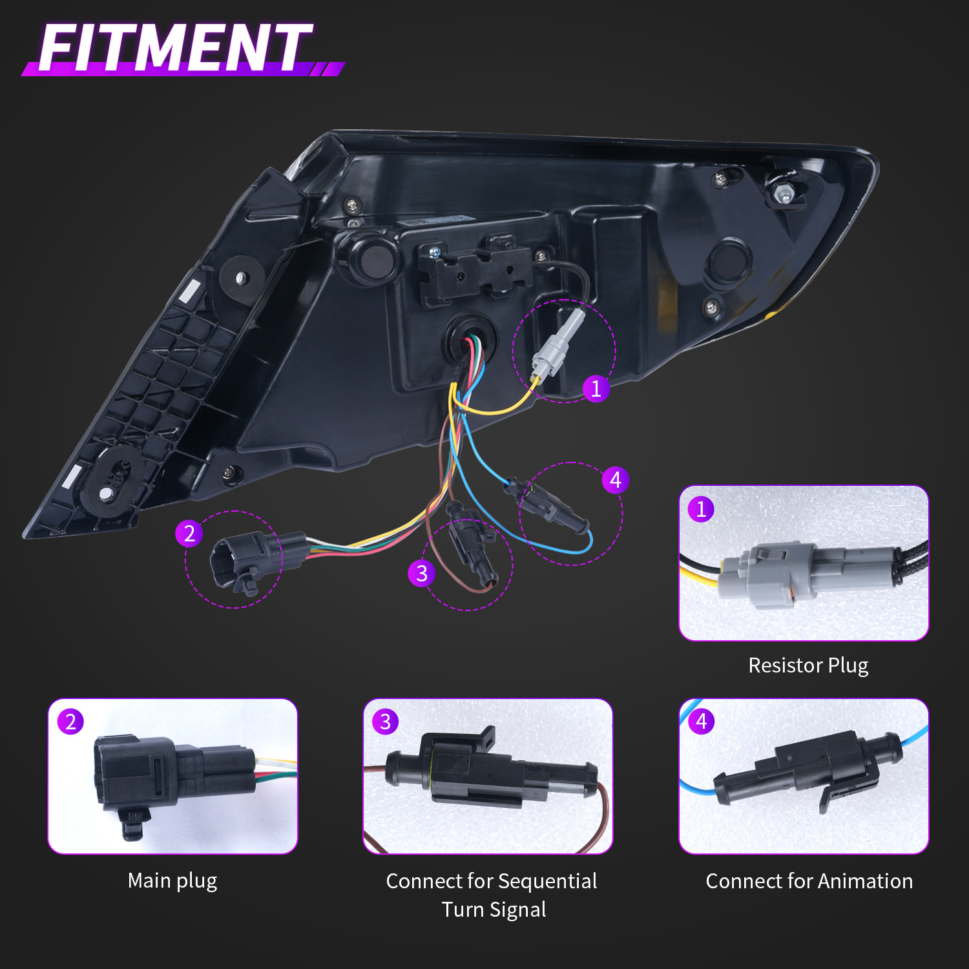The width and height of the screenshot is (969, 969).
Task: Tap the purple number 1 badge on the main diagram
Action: click(596, 388)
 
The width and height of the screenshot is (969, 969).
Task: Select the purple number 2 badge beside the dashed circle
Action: click(189, 534)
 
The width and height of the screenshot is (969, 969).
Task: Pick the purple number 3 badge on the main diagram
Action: click(421, 573)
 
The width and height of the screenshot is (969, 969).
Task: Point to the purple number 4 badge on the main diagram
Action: click(615, 480)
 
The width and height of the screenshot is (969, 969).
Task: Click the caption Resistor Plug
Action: click(808, 665)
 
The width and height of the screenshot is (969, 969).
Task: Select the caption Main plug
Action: click(172, 880)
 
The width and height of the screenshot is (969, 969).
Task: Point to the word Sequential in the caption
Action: click(548, 881)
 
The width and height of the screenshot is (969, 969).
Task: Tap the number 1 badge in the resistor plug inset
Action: click(701, 509)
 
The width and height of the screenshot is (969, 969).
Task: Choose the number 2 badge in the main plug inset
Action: click(70, 722)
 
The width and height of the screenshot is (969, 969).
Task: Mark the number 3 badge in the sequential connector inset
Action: click(386, 722)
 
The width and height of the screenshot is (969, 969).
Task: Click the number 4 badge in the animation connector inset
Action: click(702, 721)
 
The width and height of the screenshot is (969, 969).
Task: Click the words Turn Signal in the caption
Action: click(494, 910)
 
